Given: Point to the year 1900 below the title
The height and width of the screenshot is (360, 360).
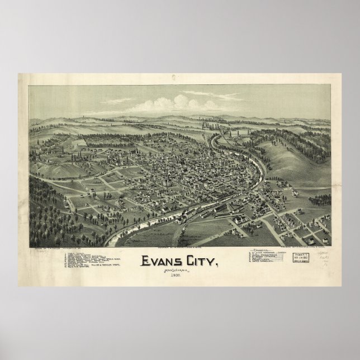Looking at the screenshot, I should click(178, 276).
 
